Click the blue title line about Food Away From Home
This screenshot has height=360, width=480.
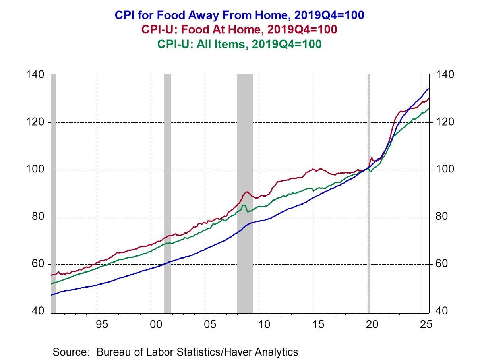tap(239, 15)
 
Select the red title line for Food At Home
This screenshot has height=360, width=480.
tap(239, 30)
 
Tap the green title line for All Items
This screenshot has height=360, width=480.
tap(239, 44)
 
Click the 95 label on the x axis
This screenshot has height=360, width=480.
tap(102, 324)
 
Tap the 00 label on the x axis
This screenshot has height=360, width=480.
tap(156, 324)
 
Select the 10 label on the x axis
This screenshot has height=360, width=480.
tap(264, 324)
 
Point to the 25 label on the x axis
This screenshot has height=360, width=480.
tap(426, 324)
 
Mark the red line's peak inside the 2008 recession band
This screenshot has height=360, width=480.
tap(246, 192)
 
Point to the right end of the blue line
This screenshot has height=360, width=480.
tap(428, 89)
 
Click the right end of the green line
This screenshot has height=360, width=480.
tap(428, 108)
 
